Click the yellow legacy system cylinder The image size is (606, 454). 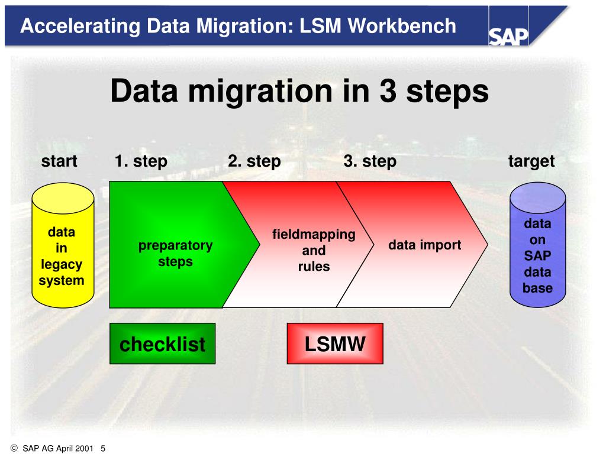[62, 245]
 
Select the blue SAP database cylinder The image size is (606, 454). [537, 245]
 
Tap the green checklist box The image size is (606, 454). [163, 343]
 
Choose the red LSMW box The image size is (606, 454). [335, 343]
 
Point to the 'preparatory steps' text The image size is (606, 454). [175, 253]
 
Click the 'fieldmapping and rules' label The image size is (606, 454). [314, 250]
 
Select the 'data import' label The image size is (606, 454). [424, 245]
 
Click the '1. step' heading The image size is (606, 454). [141, 161]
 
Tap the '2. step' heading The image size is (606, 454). [254, 161]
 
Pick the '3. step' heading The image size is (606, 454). [370, 161]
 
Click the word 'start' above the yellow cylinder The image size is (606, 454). [59, 161]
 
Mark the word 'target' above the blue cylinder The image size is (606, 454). [531, 161]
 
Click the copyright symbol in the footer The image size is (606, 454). [14, 448]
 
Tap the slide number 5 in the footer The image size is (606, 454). [103, 448]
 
